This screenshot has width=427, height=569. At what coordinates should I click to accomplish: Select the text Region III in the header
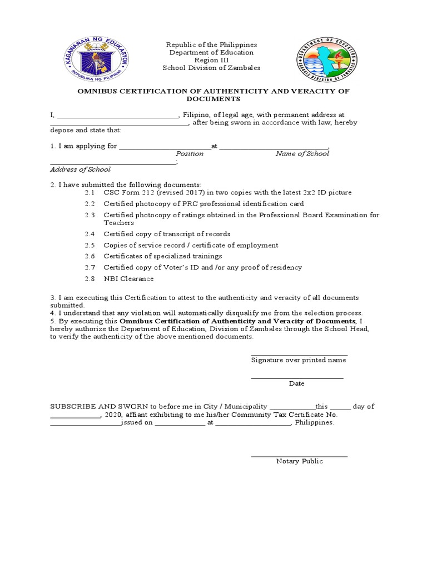(x=211, y=60)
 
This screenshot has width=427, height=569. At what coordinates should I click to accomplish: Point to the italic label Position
(x=190, y=153)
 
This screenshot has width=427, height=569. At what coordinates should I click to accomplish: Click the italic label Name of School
(x=302, y=153)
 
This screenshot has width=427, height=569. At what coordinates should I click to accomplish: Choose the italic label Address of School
(x=80, y=169)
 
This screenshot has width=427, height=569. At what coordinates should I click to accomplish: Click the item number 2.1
(x=90, y=192)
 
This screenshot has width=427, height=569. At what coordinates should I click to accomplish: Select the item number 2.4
(x=90, y=234)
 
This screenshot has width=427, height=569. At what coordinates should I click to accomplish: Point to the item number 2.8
(x=90, y=278)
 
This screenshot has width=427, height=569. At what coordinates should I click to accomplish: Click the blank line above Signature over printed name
(x=299, y=355)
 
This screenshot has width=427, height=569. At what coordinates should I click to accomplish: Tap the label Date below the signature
(x=296, y=383)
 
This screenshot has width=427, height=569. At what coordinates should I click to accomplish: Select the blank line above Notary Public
(x=299, y=456)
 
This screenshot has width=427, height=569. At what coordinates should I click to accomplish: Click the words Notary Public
(x=299, y=461)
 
